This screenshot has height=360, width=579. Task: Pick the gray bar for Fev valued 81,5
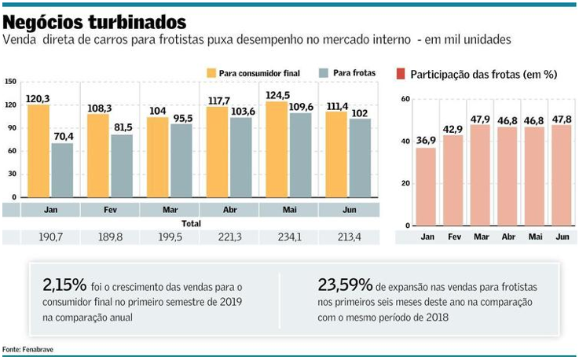(x=121, y=167)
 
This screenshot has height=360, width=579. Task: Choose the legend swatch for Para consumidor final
(x=211, y=73)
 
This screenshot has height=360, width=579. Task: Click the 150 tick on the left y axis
(x=10, y=82)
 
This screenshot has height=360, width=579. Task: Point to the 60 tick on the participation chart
(x=405, y=98)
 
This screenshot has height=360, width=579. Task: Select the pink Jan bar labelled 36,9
(x=427, y=186)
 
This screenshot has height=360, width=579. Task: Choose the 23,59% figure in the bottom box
(x=343, y=285)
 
